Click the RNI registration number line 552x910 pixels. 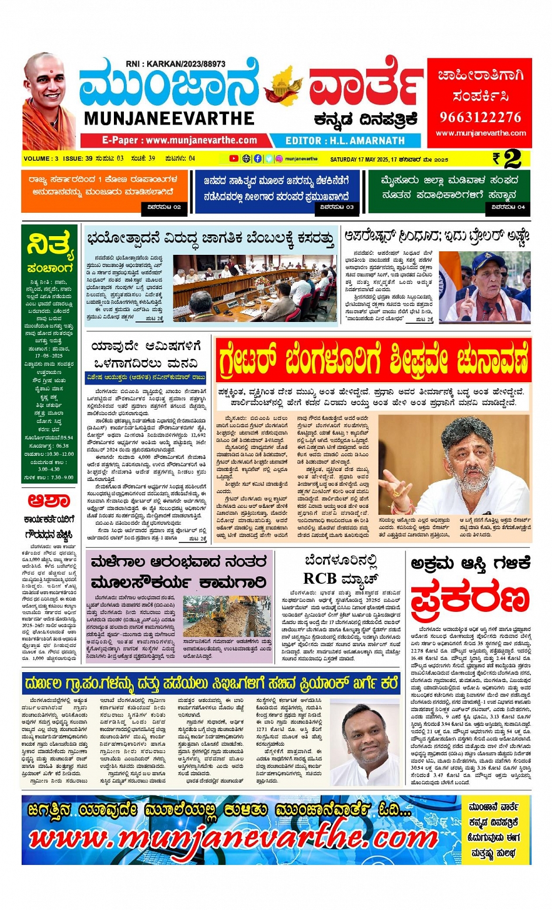[175, 64]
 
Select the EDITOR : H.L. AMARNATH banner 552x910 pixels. [345, 141]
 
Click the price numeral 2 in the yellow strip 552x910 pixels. [512, 158]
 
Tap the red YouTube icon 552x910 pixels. [234, 158]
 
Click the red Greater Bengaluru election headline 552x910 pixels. [374, 359]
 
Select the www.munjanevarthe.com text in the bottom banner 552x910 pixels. [234, 839]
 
